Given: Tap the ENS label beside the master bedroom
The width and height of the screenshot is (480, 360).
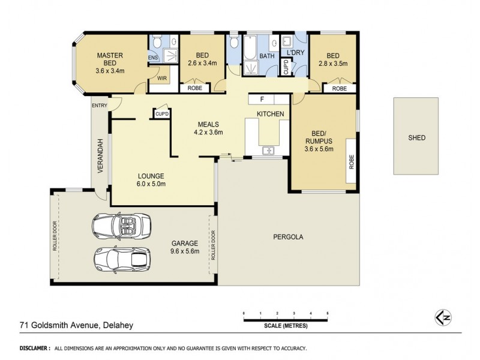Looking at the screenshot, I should pos(152,58).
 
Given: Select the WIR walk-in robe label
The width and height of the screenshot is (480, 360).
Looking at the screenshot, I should pos(162,77).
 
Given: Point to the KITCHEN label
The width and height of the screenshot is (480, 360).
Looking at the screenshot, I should pos(270,113).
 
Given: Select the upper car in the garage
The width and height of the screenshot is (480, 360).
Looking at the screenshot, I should pos(122,226).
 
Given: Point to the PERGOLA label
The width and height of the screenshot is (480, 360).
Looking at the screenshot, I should pos(289,236).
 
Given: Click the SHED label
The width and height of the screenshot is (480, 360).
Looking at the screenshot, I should pos(416,137).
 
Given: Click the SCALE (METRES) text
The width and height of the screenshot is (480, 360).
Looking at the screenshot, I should pos(285,326).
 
